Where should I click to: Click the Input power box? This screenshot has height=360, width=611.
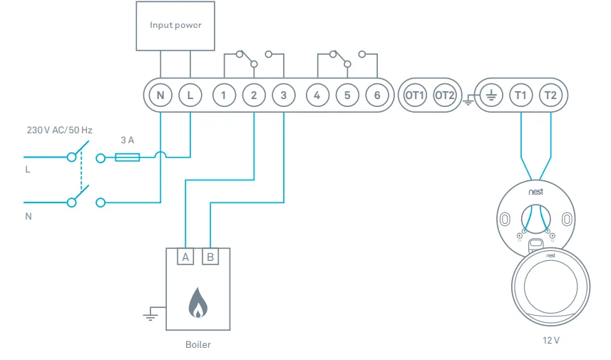(x=175, y=26)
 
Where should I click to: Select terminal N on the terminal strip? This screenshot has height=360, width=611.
(x=160, y=95)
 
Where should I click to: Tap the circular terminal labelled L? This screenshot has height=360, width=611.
(x=190, y=95)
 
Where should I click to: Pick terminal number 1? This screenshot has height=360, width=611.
(x=224, y=95)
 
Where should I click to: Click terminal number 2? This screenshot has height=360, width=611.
(x=254, y=95)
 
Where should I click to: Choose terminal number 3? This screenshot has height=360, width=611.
(x=284, y=95)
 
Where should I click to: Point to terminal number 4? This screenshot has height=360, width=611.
(x=317, y=95)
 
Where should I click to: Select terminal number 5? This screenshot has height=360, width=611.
(x=347, y=95)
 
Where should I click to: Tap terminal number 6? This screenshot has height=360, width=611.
(x=377, y=95)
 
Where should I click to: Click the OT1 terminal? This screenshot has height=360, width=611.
(x=414, y=95)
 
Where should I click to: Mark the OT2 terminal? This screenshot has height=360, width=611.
(x=444, y=95)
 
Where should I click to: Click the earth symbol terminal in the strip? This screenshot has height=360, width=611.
(x=490, y=95)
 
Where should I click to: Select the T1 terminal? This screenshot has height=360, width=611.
(x=520, y=95)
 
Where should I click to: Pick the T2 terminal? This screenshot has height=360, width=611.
(x=550, y=95)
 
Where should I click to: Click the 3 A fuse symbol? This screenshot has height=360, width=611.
(x=128, y=157)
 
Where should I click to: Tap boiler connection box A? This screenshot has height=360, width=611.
(x=185, y=257)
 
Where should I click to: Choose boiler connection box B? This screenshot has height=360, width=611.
(x=210, y=257)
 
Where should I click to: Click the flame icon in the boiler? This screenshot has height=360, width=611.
(x=197, y=302)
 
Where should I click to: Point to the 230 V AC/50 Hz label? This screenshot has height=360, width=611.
(x=60, y=131)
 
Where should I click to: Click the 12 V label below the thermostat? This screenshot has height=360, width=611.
(x=551, y=340)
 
